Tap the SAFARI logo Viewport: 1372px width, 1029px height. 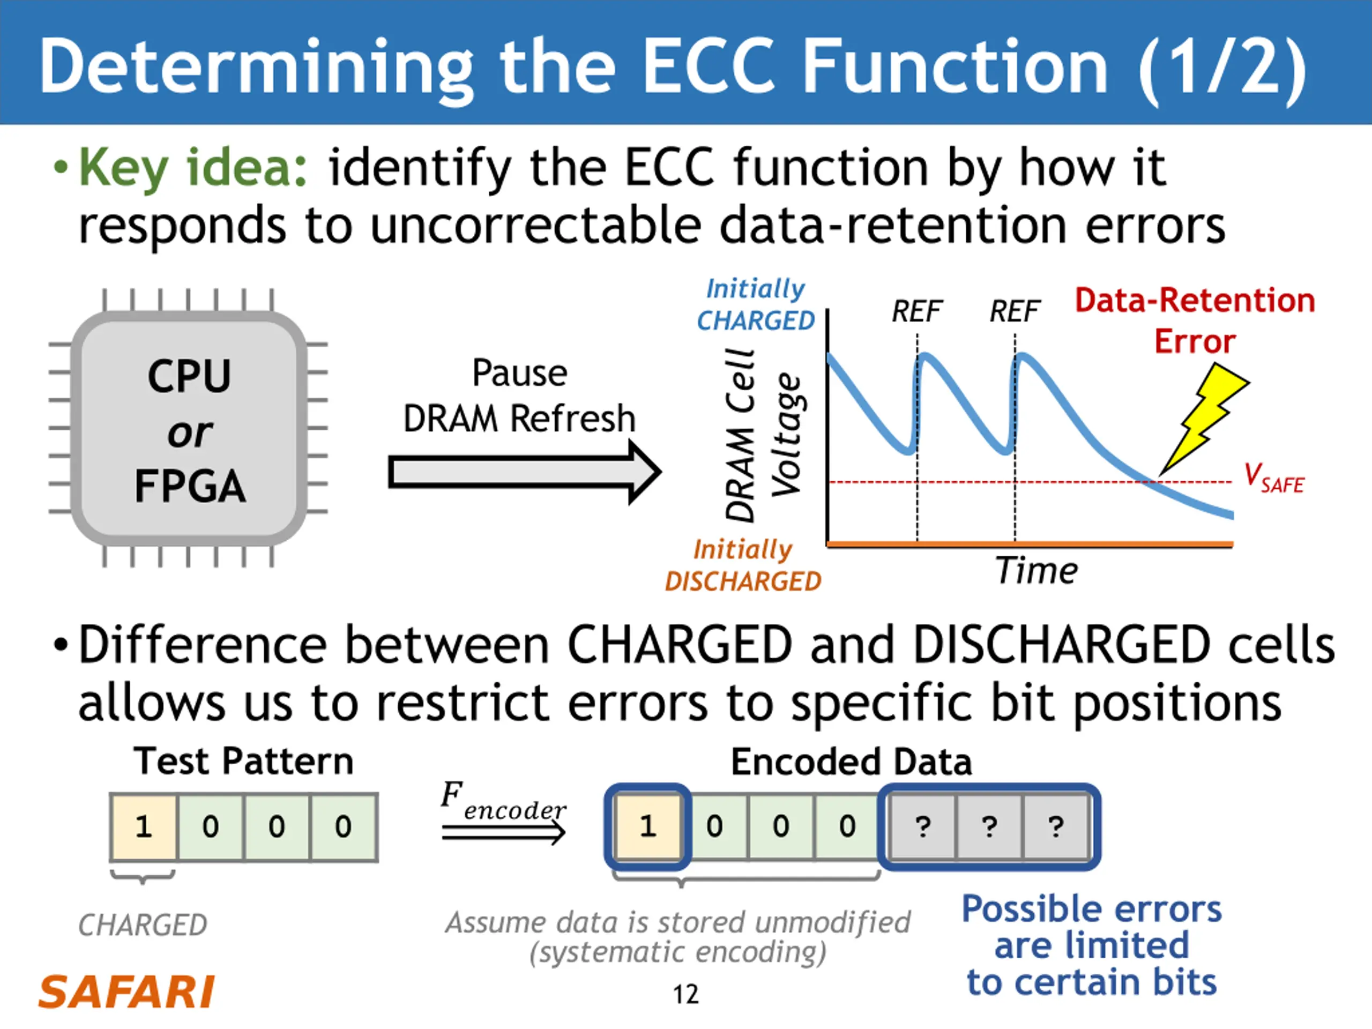pos(126,993)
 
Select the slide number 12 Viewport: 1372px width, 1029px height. pos(685,994)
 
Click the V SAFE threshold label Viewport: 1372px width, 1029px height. pos(1273,478)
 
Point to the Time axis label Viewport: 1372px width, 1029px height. pos(1037,571)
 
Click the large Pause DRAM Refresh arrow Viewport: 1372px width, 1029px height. pos(524,472)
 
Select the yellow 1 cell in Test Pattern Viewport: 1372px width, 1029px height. pos(143,826)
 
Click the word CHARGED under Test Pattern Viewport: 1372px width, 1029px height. pos(143,925)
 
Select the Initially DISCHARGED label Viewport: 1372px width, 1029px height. pos(742,565)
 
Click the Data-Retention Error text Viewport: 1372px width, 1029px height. pos(1195,320)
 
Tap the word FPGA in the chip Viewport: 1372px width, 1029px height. pos(190,486)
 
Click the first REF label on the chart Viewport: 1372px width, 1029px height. pos(916,311)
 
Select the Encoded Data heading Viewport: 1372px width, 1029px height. pos(851,762)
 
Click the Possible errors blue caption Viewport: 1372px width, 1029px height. pos(1092,945)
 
